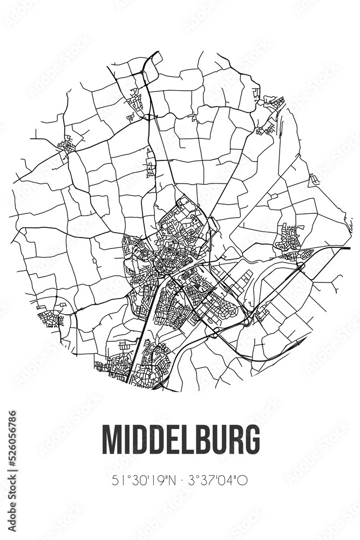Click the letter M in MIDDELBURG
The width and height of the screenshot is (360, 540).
pos(112,439)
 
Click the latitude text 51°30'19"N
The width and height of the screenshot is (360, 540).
pos(141,480)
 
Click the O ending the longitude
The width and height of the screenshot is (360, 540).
pos(243,480)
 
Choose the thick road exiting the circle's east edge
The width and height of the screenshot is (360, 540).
pos(335,247)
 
